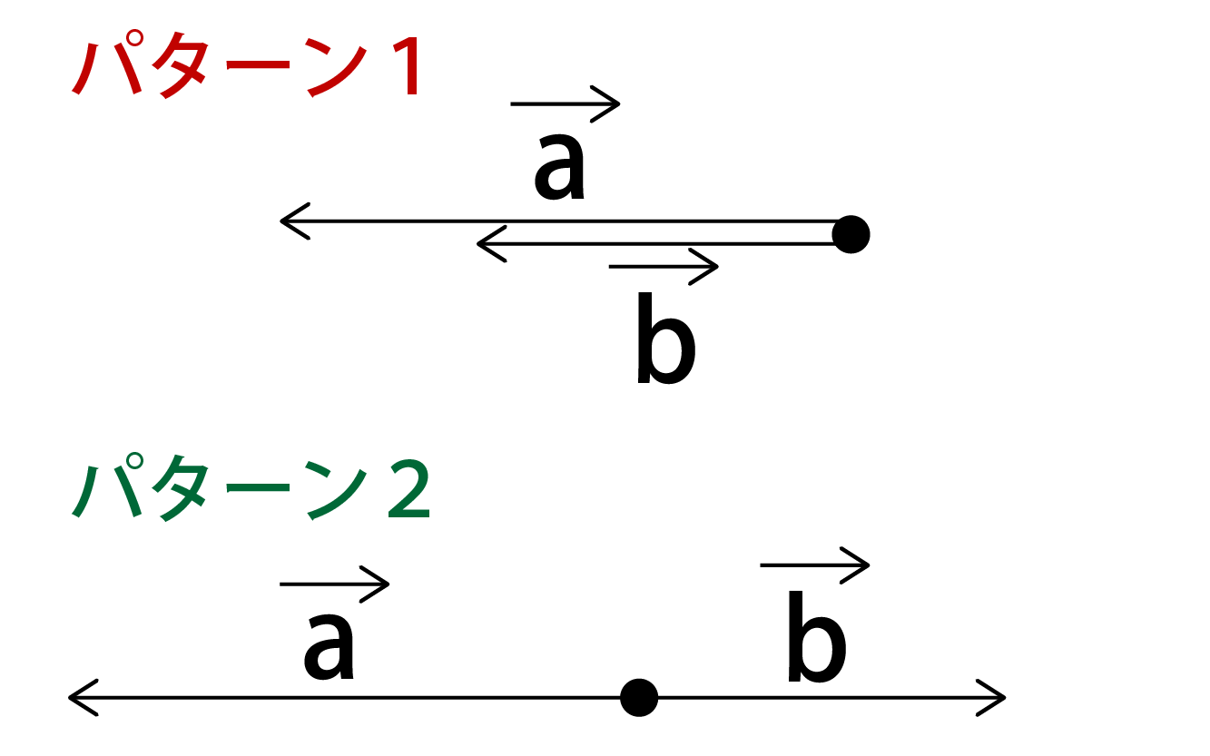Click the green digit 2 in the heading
coord(409,489)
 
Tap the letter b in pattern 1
coord(665,338)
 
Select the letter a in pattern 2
coord(329,646)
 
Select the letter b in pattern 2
coord(816,636)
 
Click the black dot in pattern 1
coord(851,234)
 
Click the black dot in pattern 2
coord(639,698)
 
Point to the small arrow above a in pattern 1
coord(565,103)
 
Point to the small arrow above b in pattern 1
coord(664,266)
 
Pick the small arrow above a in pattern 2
coord(334,584)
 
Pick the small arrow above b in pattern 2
coord(814,565)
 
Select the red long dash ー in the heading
coord(258,65)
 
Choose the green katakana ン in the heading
coord(336,489)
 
